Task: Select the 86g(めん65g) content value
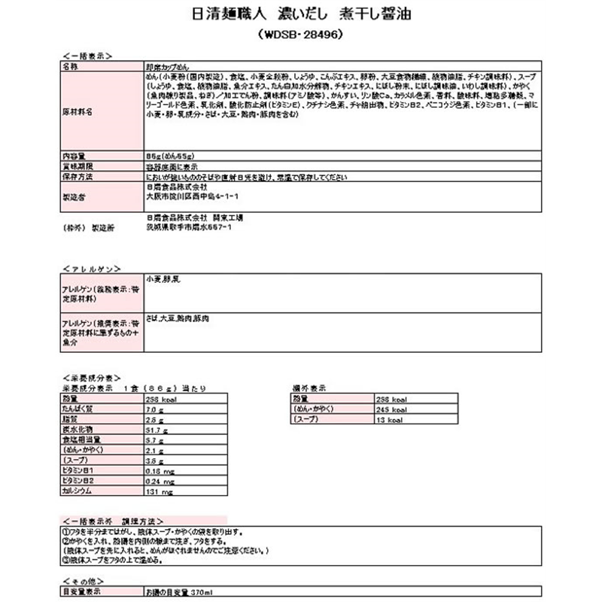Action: (169, 154)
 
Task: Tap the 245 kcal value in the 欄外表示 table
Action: (392, 409)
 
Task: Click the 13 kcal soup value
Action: (390, 419)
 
